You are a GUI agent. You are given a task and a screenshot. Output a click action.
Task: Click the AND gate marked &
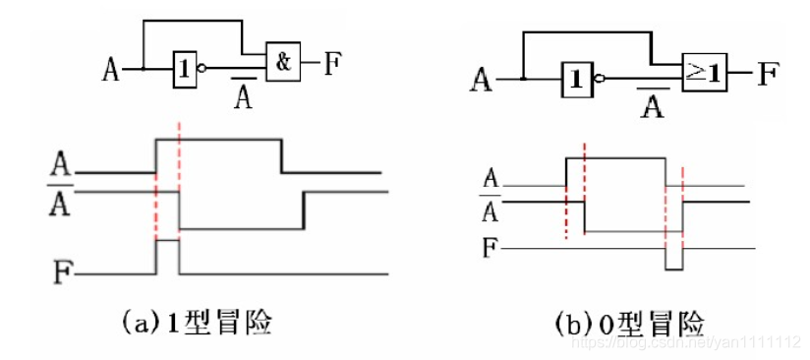click(x=283, y=64)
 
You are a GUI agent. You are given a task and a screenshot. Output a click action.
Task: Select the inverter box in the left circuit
click(x=184, y=69)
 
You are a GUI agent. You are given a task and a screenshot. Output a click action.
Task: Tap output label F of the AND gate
click(x=333, y=65)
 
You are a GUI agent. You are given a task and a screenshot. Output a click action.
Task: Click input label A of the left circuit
click(x=111, y=70)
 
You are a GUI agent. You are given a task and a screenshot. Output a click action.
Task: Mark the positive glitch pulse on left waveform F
click(x=167, y=254)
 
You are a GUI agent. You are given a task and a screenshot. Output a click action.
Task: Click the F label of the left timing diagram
click(x=63, y=266)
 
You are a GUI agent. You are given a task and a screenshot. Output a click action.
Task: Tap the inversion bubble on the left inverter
click(x=202, y=70)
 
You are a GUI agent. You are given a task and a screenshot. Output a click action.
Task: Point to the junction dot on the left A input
click(x=144, y=69)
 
